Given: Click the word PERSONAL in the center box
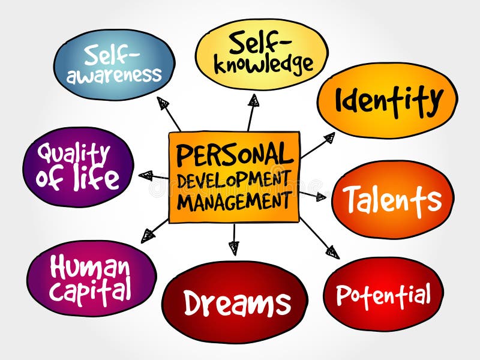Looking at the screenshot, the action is pos(235,155).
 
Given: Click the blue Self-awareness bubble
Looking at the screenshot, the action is pos(114,65).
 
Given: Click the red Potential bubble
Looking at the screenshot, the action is pos(383,294).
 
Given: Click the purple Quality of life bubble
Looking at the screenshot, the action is pos(78,166).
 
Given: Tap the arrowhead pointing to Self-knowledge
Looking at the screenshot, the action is pos(254,100).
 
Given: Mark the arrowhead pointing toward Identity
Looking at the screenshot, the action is pos(328,138).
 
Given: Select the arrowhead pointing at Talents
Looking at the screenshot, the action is pos(320,196).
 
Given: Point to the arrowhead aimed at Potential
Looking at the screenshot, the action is pos(332,252).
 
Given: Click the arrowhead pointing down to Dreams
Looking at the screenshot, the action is pos(233,247).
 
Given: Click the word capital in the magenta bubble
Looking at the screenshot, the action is pos(90,290).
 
